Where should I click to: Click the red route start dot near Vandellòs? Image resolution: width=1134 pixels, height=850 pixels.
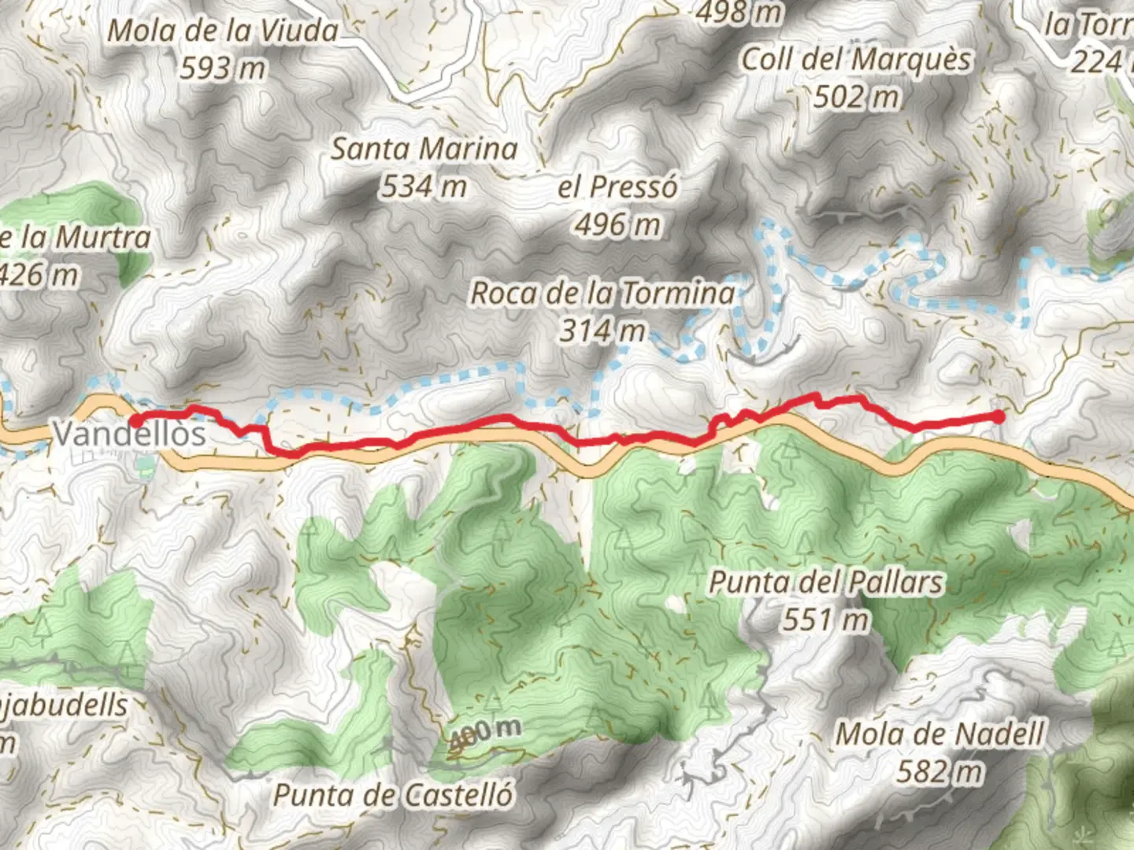[137, 421]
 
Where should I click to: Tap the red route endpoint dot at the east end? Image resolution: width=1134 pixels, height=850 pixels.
[999, 416]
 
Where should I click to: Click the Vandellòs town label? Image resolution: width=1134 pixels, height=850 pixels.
[130, 434]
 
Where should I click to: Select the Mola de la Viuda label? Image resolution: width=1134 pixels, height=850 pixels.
[223, 31]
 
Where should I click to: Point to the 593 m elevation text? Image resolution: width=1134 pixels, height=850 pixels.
[223, 68]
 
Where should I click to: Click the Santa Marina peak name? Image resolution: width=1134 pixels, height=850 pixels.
[424, 149]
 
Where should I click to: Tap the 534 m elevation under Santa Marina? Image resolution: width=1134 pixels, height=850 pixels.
[424, 187]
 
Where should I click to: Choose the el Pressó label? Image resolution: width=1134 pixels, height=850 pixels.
[617, 187]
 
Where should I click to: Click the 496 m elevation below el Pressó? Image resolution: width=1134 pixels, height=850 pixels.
[617, 225]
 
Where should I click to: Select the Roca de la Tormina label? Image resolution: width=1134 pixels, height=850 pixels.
[602, 294]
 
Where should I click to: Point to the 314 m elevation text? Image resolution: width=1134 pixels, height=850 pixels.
[602, 331]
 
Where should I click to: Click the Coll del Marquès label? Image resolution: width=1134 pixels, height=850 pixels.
[857, 60]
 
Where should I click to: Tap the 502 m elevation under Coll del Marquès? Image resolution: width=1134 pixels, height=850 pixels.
[857, 97]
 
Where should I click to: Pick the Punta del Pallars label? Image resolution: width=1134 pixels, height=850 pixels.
[826, 582]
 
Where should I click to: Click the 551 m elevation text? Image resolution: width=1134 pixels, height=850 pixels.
[826, 620]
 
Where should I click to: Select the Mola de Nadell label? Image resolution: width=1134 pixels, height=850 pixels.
[940, 734]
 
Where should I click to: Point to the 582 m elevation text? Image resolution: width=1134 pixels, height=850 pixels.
[940, 771]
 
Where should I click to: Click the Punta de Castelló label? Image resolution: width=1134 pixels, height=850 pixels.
[393, 795]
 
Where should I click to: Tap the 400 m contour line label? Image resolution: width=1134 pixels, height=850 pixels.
[484, 734]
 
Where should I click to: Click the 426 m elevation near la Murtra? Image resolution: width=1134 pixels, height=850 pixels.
[39, 275]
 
